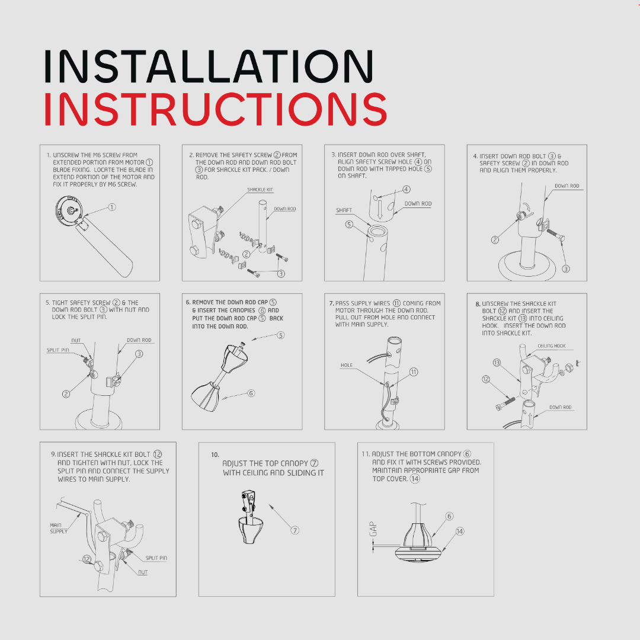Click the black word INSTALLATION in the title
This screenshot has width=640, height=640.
208,66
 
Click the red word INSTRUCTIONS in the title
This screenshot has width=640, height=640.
215,109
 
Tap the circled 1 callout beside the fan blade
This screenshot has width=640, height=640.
112,207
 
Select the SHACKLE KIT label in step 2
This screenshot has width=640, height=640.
260,190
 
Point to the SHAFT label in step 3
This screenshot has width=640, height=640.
344,210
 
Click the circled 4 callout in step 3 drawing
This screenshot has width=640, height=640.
407,189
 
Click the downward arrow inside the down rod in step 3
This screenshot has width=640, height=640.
380,209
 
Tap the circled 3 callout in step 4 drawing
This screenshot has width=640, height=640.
566,268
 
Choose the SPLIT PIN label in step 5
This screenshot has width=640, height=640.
57,350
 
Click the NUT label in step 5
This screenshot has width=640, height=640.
76,340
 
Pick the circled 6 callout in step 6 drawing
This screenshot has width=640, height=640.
251,393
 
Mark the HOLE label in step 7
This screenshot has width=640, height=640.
347,365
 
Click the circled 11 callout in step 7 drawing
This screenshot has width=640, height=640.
414,372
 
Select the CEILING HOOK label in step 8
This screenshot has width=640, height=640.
552,345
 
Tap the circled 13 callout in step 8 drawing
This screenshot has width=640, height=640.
497,363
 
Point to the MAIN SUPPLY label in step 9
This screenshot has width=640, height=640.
58,528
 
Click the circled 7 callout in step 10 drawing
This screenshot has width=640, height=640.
295,530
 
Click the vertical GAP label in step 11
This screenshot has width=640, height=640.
373,529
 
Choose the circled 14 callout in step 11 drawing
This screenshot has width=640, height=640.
460,531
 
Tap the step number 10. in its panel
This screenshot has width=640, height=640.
215,455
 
